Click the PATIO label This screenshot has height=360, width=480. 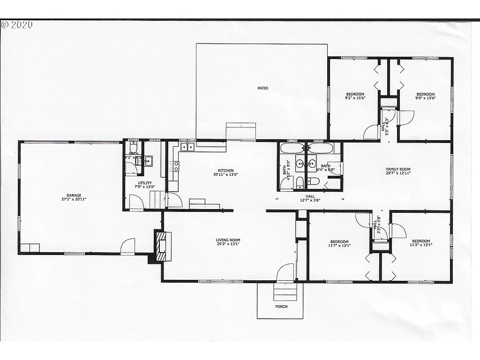262,88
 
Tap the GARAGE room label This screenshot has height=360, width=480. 74,195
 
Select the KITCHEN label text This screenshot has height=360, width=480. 225,171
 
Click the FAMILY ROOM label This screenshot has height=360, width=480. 398,169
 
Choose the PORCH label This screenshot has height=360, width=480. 281,307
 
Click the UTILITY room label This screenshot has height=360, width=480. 144,183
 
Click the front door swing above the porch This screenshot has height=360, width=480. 285,273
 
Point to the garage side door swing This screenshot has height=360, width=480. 127,246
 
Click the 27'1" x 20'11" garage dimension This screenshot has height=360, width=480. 74,199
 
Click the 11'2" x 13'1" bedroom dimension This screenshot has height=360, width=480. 420,244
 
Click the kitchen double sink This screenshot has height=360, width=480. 187,147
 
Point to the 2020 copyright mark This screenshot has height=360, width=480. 17,25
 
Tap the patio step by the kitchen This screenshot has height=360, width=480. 241,131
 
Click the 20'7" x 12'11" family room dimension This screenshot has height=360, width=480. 398,173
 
